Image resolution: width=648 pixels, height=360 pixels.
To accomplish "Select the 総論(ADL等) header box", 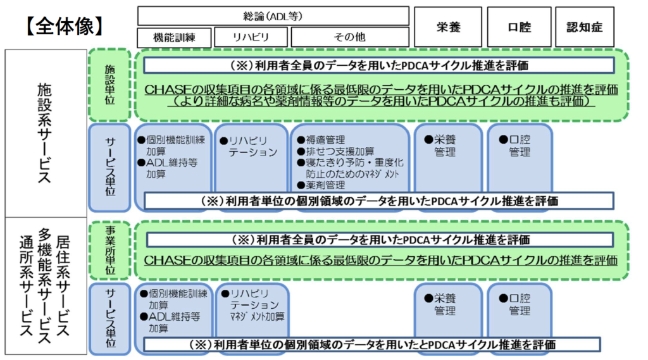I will click(x=273, y=16).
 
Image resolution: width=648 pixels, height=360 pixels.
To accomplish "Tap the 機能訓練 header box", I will click(x=174, y=37).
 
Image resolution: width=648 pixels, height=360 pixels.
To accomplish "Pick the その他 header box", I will click(x=349, y=37).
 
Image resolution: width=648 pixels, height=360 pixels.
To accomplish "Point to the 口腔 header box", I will click(x=519, y=27).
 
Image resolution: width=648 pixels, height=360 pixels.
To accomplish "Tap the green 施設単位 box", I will click(x=109, y=85).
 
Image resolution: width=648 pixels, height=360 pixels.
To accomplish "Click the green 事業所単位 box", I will click(x=109, y=251).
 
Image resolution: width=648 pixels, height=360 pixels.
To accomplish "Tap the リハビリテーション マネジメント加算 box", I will click(x=252, y=305).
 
